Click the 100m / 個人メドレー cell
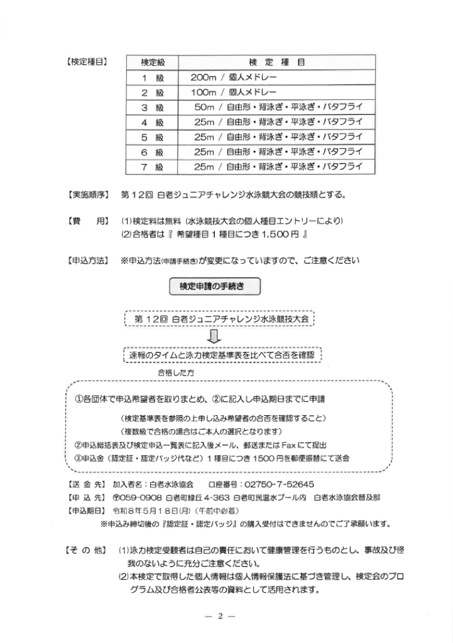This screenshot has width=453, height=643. click(x=234, y=92)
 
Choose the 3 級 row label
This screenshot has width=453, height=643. click(x=152, y=107)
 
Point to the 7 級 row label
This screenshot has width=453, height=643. click(x=152, y=167)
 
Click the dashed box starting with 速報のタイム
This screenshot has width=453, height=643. click(x=223, y=355)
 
